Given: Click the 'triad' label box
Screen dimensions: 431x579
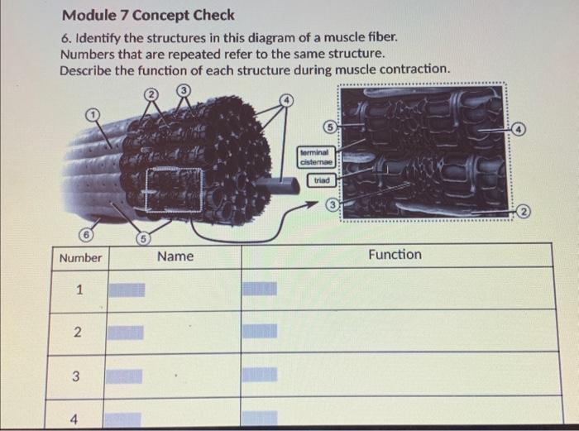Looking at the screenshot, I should [322, 180].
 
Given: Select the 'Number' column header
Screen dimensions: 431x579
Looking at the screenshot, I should [80, 258].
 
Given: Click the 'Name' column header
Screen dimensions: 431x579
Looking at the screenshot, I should [175, 257].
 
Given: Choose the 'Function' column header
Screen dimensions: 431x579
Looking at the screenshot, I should [395, 255].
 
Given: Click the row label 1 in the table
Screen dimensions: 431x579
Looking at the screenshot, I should [79, 290].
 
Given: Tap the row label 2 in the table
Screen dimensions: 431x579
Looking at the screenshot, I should [76, 333].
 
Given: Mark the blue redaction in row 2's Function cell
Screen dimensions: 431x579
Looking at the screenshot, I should [260, 332].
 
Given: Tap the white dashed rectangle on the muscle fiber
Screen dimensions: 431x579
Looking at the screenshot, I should [175, 189].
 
